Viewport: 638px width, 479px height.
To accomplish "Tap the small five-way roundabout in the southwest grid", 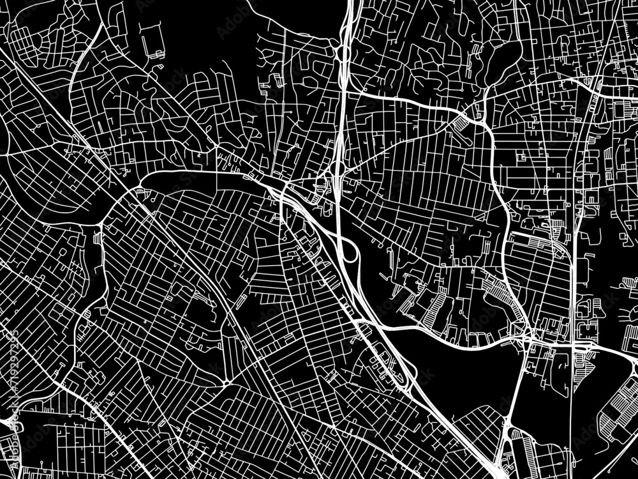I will (227, 382).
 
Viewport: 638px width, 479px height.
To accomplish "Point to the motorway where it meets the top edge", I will (350, 3).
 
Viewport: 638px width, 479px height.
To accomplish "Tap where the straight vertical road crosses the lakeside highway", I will (577, 345).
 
